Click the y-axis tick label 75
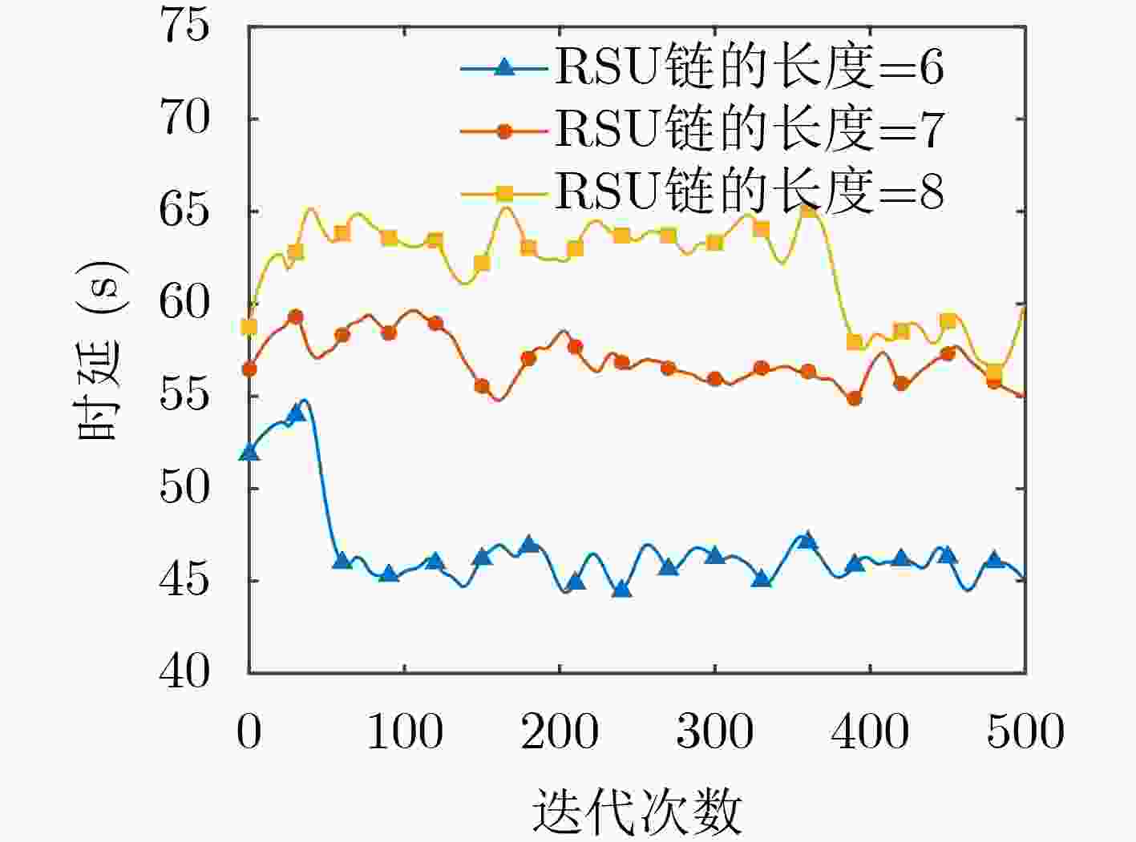coord(184,26)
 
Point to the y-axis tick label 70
coord(184,119)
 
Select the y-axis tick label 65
coord(184,211)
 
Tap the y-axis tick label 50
coord(184,488)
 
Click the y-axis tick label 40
coord(184,672)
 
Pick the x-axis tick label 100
coord(405,732)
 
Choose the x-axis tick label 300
coord(715,732)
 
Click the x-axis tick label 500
coord(1025,732)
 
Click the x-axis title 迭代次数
coord(637,812)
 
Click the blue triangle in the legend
coord(504,67)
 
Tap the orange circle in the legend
coord(505,131)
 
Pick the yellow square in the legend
coord(505,194)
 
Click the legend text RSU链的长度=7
coord(750,130)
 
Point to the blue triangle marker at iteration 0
coord(249,452)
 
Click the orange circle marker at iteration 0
coord(249,369)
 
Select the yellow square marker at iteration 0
coord(249,327)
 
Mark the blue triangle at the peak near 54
coord(296,413)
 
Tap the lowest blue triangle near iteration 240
coord(622,589)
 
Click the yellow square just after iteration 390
coord(855,342)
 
